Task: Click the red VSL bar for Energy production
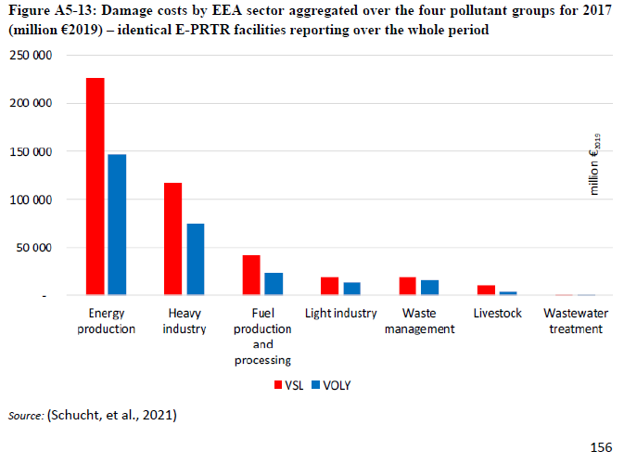95,187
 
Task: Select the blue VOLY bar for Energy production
117,225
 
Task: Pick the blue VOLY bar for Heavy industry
195,259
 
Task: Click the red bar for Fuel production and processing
251,275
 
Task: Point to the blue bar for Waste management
429,288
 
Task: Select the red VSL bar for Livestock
485,290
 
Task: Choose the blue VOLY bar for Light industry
351,289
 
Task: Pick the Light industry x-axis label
341,313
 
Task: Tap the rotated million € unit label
596,163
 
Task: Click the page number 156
601,447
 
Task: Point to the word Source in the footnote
25,415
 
